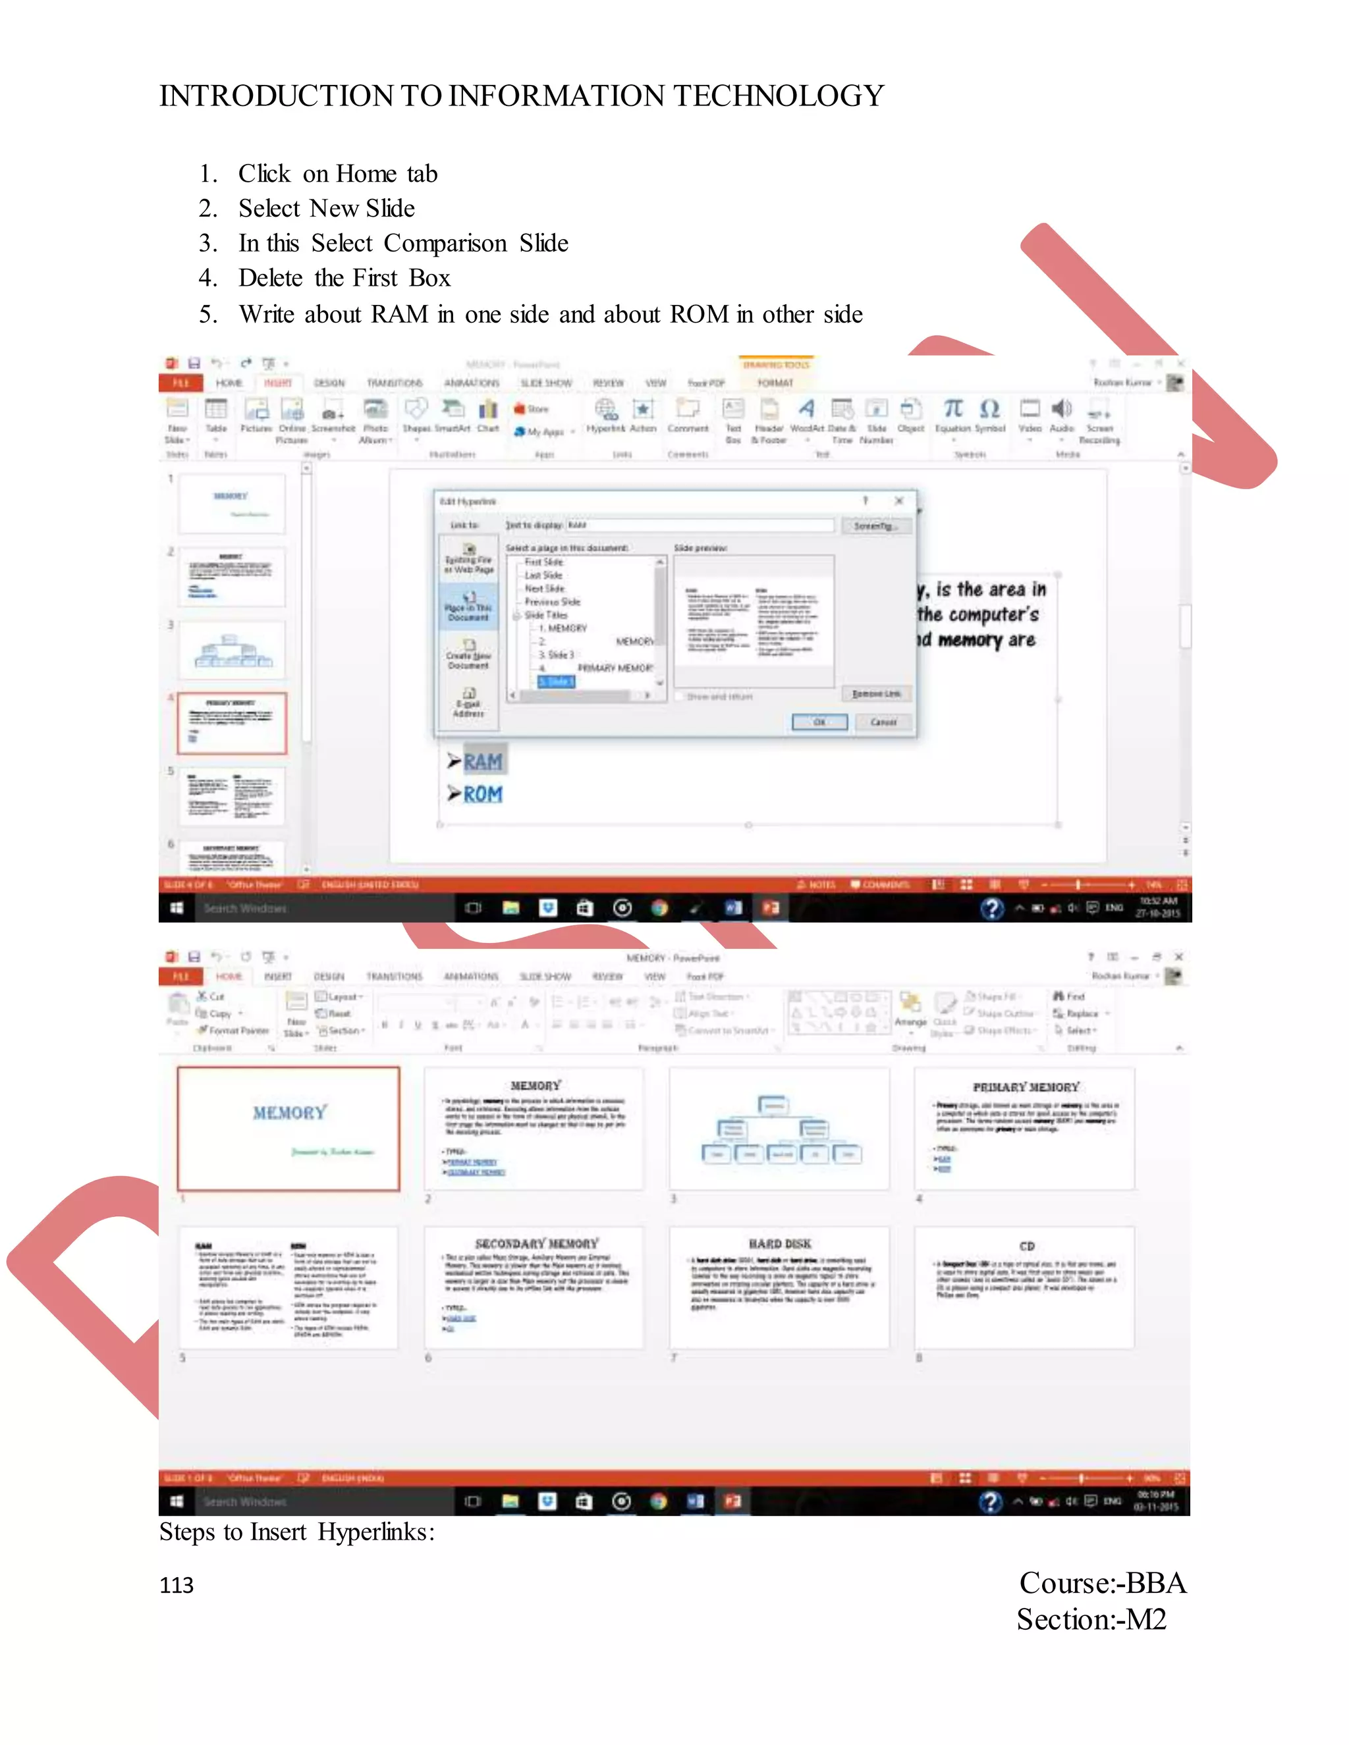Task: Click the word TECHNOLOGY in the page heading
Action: (778, 96)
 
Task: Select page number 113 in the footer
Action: (176, 1585)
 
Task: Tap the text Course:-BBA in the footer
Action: (1102, 1583)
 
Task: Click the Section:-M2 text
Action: (1091, 1619)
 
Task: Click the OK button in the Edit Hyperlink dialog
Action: (819, 722)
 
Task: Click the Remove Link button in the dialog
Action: (876, 693)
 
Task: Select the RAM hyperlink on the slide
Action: (483, 761)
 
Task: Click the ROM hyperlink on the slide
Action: (483, 794)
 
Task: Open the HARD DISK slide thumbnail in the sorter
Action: (779, 1287)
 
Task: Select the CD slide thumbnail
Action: (1024, 1287)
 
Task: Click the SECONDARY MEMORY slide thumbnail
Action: (534, 1287)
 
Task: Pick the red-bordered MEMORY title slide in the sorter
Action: (289, 1128)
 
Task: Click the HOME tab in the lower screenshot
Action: (229, 977)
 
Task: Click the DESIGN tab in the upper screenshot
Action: (329, 383)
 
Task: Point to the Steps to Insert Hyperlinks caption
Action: (296, 1532)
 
